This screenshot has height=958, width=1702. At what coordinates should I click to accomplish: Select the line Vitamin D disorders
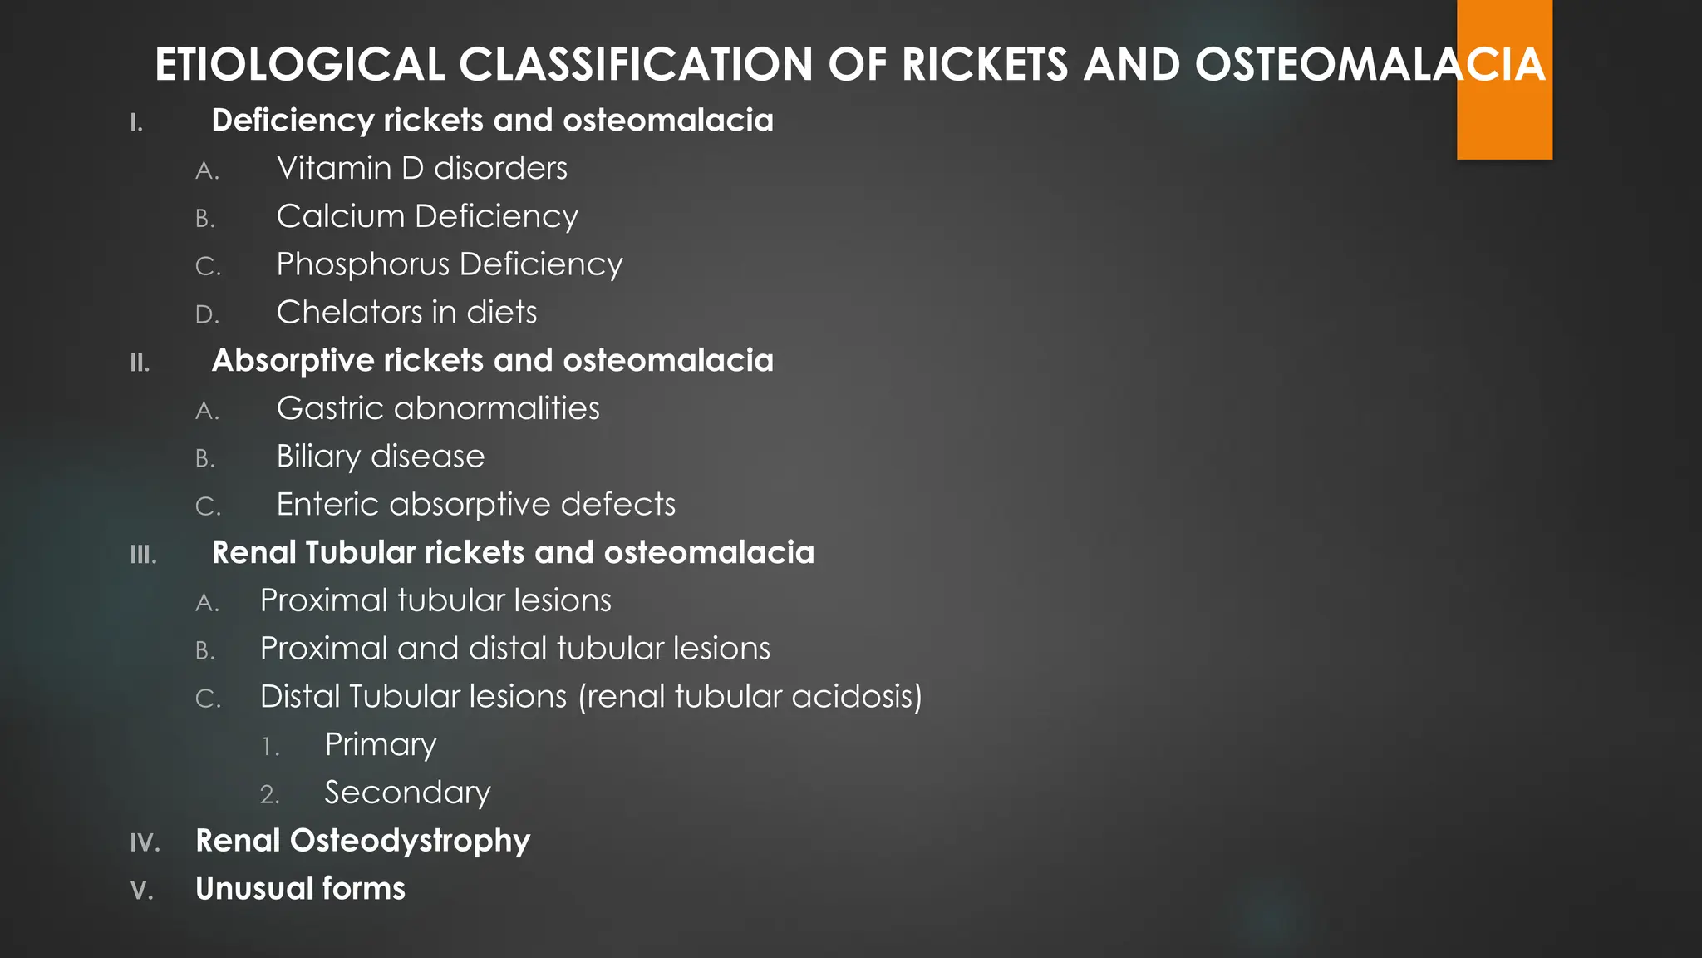click(x=421, y=169)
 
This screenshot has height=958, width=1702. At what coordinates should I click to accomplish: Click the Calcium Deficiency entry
click(x=427, y=217)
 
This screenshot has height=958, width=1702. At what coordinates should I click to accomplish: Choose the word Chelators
click(x=349, y=313)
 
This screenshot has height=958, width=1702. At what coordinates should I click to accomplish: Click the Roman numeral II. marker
click(x=140, y=363)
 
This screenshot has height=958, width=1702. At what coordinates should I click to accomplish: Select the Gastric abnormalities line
click(x=438, y=409)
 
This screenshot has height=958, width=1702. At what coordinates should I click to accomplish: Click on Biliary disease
click(x=380, y=457)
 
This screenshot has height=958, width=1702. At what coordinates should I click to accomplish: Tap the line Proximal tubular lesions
click(x=435, y=601)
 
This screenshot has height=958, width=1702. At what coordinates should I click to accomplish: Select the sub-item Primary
click(x=380, y=745)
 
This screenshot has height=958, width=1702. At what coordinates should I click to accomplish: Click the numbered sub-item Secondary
click(x=407, y=793)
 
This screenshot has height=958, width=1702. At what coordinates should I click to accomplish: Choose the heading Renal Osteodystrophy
click(x=362, y=842)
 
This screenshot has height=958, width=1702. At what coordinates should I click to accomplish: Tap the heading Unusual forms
click(x=300, y=889)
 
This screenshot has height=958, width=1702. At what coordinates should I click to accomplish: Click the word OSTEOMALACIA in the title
click(x=1370, y=65)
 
